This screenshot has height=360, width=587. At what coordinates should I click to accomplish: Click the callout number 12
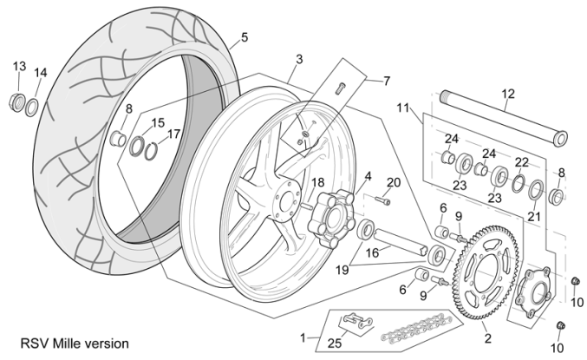(508, 94)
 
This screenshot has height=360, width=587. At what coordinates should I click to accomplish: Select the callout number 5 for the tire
(244, 37)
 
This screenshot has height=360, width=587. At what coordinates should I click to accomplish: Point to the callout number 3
(298, 60)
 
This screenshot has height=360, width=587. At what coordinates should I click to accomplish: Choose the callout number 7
(386, 81)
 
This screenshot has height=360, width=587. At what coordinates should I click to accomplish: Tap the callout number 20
(395, 182)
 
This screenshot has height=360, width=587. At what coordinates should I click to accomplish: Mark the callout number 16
(371, 252)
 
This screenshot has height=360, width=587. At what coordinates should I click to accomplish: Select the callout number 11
(402, 108)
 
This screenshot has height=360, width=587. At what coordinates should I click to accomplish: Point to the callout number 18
(318, 182)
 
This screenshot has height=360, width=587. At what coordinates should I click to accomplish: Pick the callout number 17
(174, 134)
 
